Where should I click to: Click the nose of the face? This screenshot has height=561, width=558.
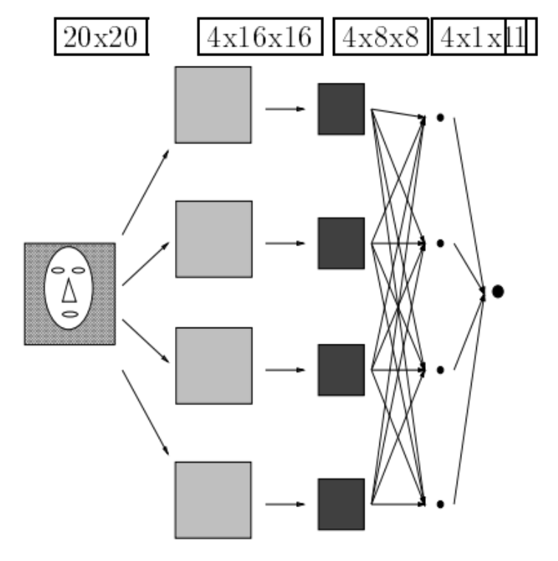69,293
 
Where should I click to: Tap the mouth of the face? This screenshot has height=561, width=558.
69,315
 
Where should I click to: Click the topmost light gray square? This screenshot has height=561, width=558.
213,104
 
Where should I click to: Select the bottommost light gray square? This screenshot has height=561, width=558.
213,500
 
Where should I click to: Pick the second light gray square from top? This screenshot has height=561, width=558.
213,239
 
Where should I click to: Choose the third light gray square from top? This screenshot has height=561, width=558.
213,365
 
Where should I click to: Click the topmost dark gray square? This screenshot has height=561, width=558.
341,109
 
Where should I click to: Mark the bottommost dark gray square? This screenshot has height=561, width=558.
341,504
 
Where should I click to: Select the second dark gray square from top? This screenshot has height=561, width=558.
341,242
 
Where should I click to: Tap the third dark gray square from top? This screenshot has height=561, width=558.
341,370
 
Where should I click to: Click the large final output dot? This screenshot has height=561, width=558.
497,291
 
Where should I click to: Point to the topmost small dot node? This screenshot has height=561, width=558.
440,117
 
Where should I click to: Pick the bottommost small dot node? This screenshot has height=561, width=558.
440,504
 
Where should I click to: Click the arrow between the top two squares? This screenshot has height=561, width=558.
285,109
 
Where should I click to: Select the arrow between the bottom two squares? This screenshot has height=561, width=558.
285,505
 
